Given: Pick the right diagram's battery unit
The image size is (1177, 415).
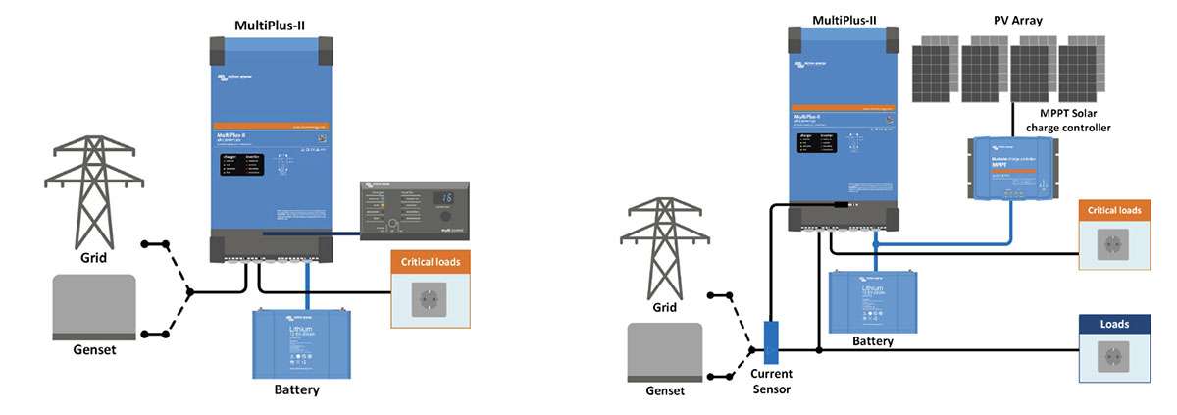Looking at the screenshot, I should (x=873, y=298).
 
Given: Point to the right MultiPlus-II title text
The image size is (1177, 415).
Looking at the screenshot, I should (x=844, y=20).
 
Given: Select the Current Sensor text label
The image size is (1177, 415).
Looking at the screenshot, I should (x=772, y=382).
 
